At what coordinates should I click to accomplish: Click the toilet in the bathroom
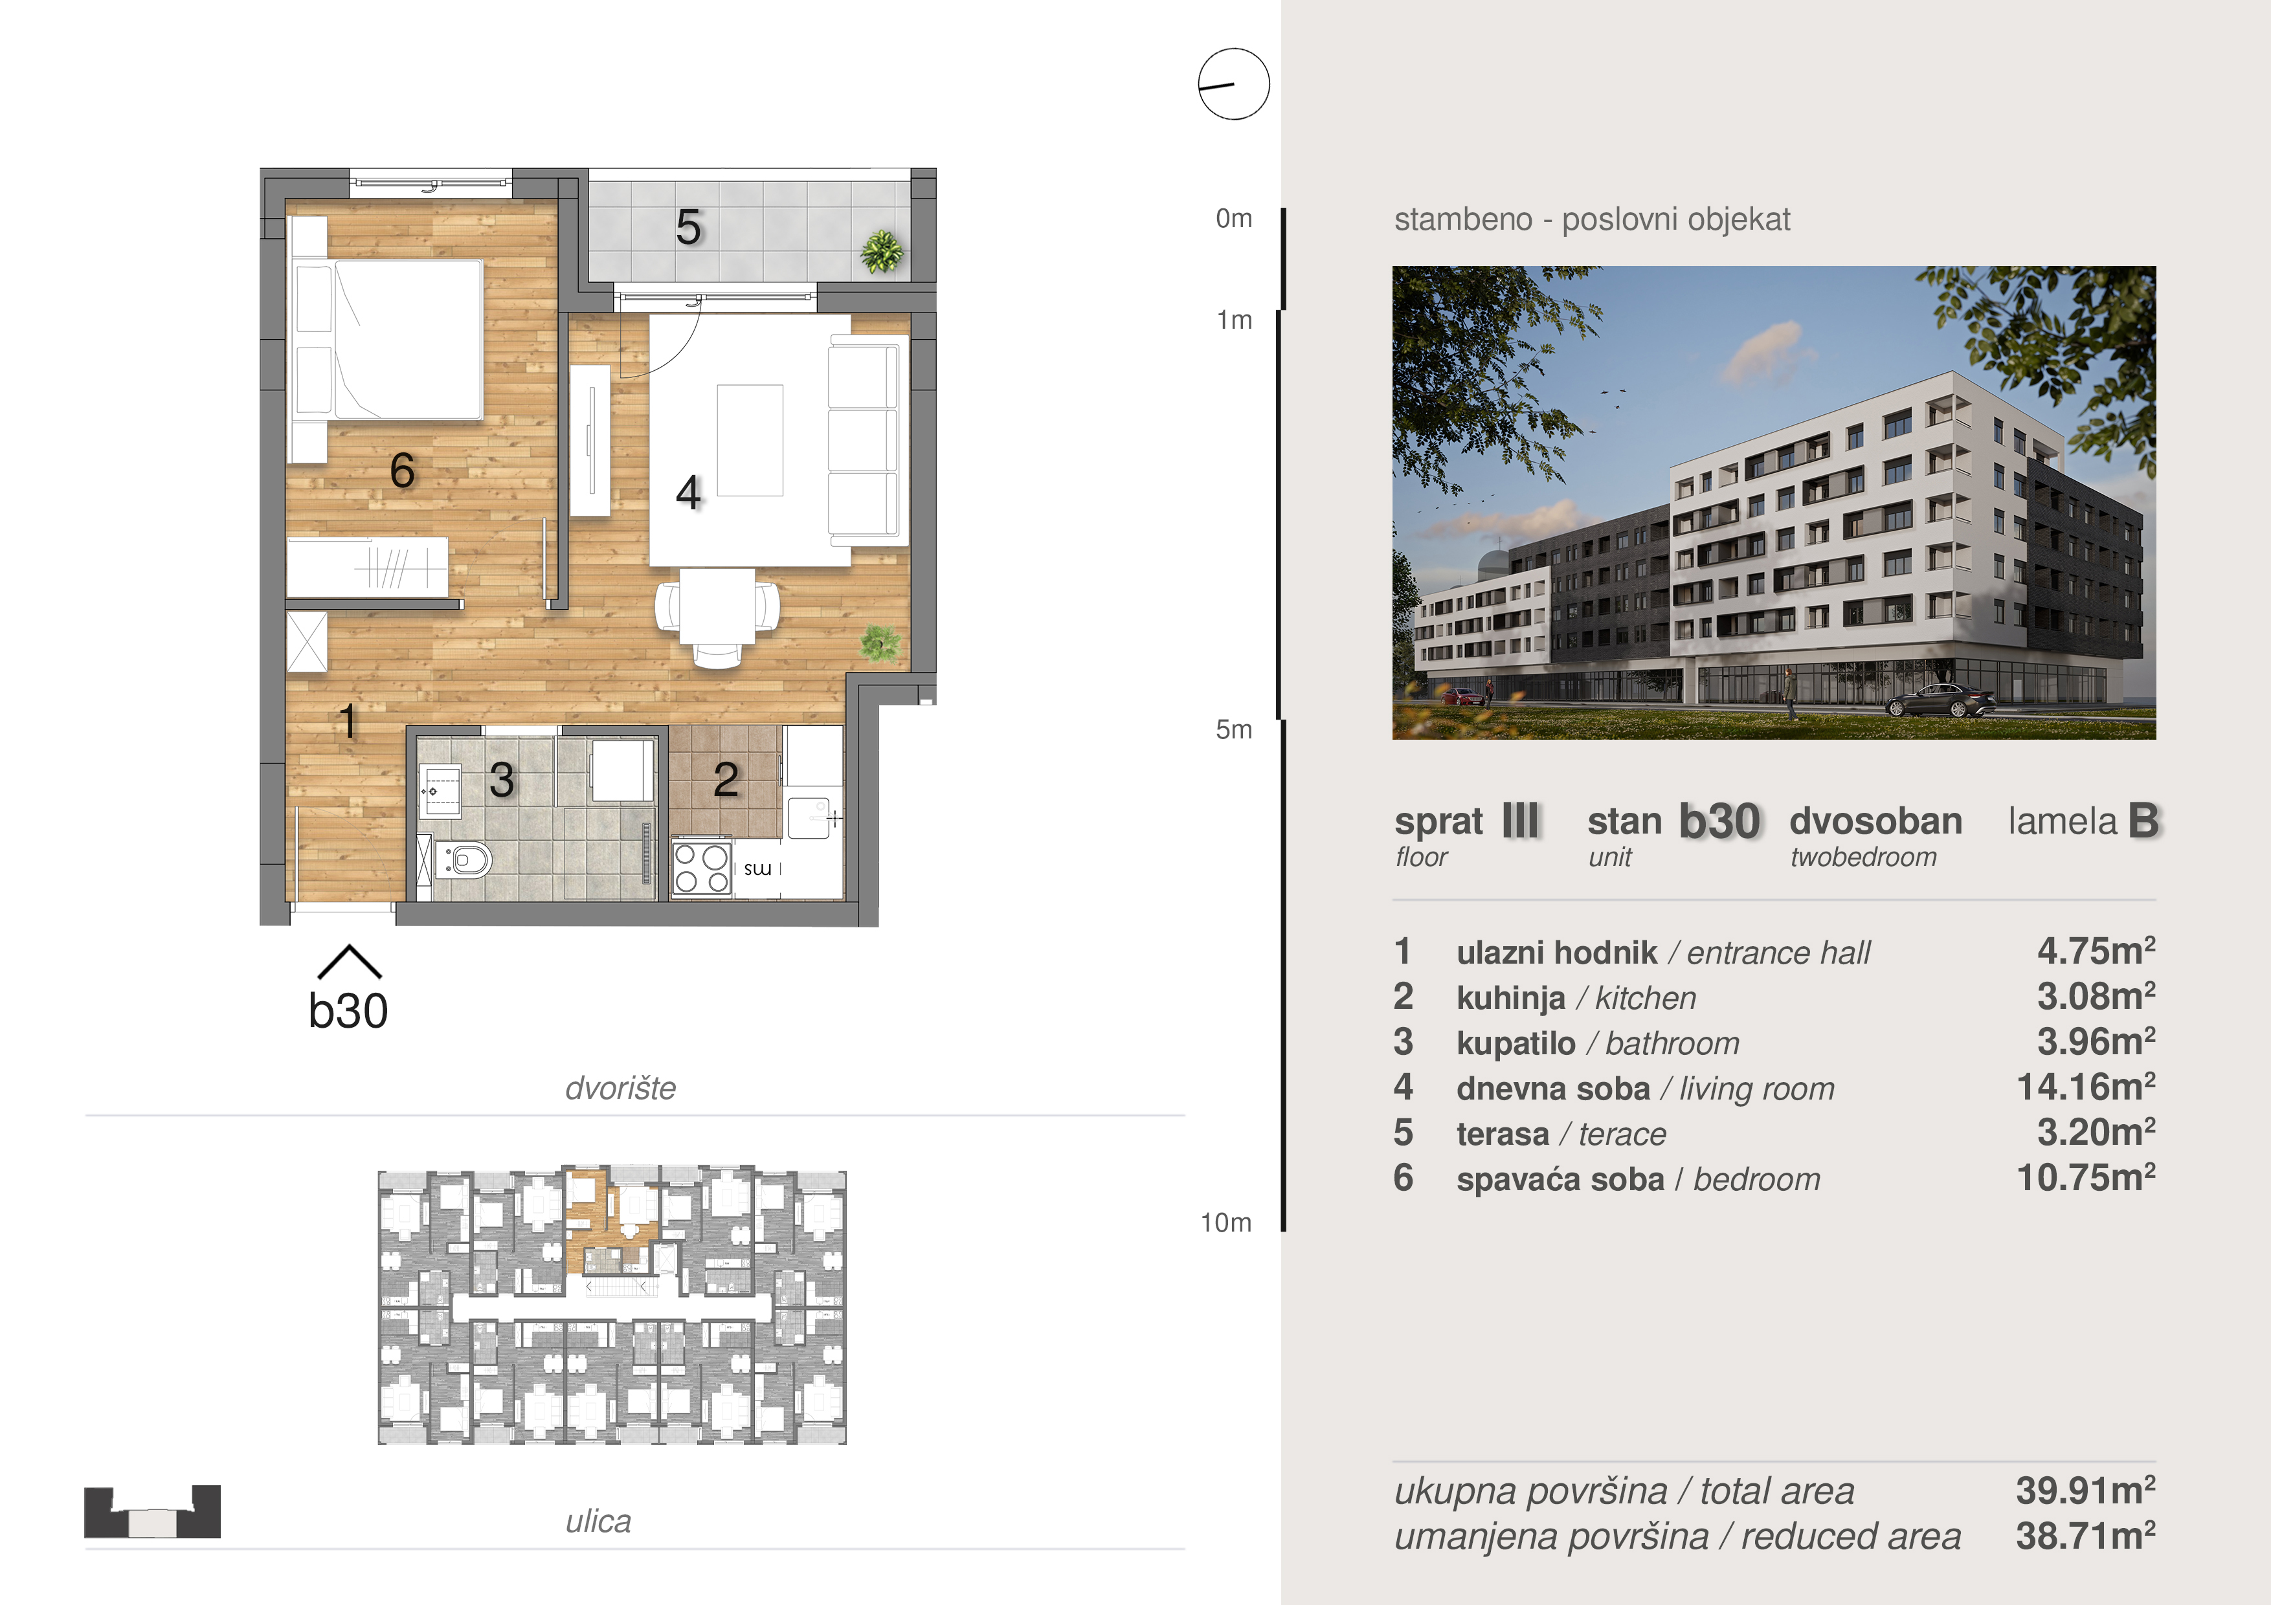pos(463,860)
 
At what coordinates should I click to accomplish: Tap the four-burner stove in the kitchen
pos(701,869)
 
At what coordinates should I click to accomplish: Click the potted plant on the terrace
pos(880,251)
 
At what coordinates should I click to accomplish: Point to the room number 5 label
pos(688,228)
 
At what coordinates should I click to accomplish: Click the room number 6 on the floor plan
pos(401,470)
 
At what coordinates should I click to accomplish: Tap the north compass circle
pos(1233,84)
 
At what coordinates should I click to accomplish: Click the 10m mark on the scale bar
pos(1227,1223)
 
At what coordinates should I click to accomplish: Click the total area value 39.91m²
pos(2086,1489)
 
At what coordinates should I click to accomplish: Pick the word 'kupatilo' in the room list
pos(1516,1043)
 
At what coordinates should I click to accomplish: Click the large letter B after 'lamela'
pos(2143,820)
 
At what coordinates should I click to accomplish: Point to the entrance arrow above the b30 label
pos(349,961)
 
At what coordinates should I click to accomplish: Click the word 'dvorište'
pos(620,1088)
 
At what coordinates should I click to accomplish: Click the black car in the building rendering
pos(1941,700)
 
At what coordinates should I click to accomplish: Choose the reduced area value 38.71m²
pos(2086,1536)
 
